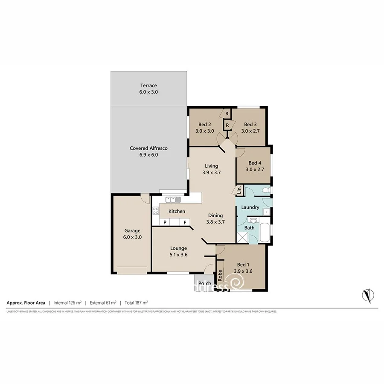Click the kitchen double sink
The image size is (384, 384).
coord(174,199)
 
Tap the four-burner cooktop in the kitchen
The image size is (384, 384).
coord(155,210)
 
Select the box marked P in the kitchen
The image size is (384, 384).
coord(165,222)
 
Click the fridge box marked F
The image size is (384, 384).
coord(185,222)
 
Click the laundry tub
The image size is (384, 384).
coord(267,211)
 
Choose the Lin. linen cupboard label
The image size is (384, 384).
coord(239,190)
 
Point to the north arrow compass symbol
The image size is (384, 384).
coord(368,294)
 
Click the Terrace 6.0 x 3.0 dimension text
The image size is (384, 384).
coord(148,92)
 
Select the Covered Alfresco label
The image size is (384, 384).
coord(148,148)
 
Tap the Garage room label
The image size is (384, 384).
coord(132,230)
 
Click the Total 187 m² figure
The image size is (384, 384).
coord(136,303)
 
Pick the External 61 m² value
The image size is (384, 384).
coord(103,303)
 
